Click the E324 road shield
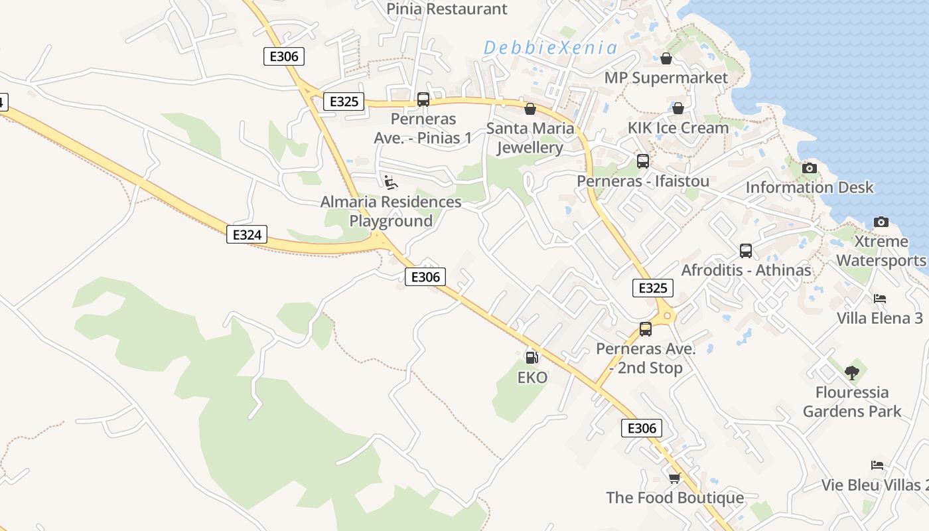pyautogui.click(x=247, y=234)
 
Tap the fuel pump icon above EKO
pyautogui.click(x=532, y=358)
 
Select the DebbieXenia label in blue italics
pyautogui.click(x=550, y=48)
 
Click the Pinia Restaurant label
pyautogui.click(x=447, y=9)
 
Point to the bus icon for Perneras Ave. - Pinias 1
pyautogui.click(x=423, y=100)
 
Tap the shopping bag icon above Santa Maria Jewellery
pyautogui.click(x=530, y=109)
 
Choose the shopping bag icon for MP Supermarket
pyautogui.click(x=666, y=58)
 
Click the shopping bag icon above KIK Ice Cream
pyautogui.click(x=678, y=108)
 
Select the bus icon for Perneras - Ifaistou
pyautogui.click(x=642, y=161)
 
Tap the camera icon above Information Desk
pyautogui.click(x=809, y=168)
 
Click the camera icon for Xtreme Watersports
pyautogui.click(x=881, y=222)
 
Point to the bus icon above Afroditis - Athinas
pyautogui.click(x=746, y=251)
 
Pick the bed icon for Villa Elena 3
pyautogui.click(x=879, y=299)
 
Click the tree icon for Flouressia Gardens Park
pyautogui.click(x=852, y=373)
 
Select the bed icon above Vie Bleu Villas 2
pyautogui.click(x=877, y=465)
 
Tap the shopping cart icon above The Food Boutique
pyautogui.click(x=674, y=478)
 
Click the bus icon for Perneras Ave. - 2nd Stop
pyautogui.click(x=645, y=329)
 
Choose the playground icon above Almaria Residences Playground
pyautogui.click(x=391, y=182)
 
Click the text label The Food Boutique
pyautogui.click(x=675, y=498)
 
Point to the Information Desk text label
pyautogui.click(x=810, y=187)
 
